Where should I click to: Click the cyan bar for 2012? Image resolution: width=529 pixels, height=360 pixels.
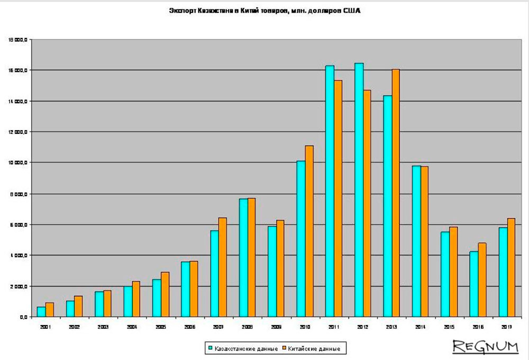click(359, 190)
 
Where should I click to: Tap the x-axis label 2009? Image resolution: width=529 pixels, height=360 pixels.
click(276, 327)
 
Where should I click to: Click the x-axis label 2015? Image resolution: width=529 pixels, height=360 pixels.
click(449, 327)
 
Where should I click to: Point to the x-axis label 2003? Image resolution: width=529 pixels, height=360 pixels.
click(103, 327)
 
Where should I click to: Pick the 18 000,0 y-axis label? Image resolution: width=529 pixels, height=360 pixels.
click(18, 40)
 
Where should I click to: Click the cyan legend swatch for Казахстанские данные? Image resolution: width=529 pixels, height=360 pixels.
click(210, 348)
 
